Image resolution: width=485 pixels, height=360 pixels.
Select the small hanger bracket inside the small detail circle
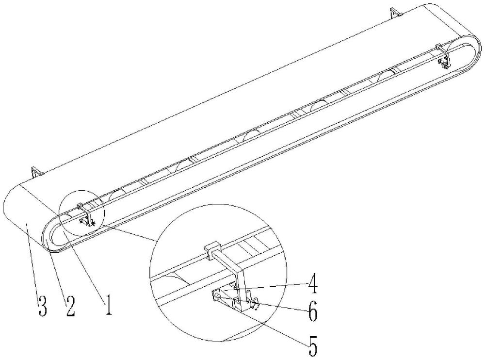(x=86, y=215)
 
